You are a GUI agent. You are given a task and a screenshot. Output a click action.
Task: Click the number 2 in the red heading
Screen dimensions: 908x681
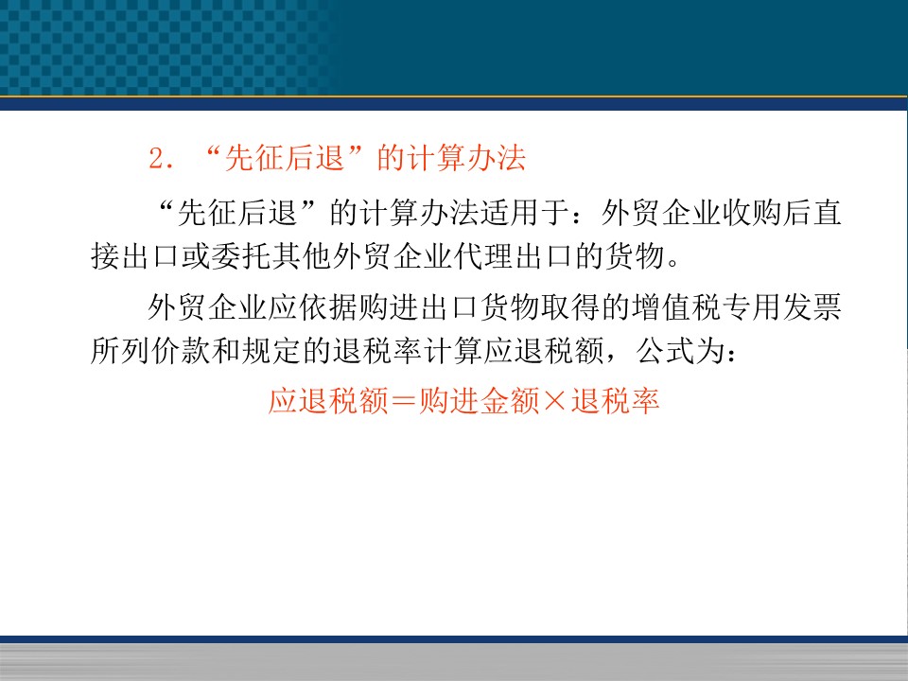point(157,158)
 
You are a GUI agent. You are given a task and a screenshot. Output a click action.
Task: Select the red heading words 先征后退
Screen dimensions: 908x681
point(285,158)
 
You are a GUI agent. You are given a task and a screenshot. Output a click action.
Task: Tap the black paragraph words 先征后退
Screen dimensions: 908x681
point(236,213)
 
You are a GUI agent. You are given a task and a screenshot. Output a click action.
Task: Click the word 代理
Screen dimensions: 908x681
point(483,256)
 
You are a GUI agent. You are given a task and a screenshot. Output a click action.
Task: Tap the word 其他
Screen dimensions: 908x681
point(301,256)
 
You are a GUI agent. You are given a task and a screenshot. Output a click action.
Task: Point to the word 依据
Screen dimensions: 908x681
point(328,306)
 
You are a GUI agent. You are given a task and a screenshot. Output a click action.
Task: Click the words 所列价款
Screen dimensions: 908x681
point(150,350)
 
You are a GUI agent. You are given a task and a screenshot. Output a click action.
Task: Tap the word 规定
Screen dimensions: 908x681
point(271,350)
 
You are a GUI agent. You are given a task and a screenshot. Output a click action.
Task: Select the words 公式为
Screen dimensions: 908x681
point(681,350)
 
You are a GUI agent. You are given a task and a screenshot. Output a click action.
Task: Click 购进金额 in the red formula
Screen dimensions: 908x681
point(479,401)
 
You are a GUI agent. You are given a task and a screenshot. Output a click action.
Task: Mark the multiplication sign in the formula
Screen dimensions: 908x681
point(555,401)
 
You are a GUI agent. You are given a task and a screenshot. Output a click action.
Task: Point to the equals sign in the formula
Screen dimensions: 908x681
point(404,401)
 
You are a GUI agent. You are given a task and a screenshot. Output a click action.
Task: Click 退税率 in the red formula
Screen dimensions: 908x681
point(615,401)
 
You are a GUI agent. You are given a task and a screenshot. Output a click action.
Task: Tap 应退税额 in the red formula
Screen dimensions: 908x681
point(328,401)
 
